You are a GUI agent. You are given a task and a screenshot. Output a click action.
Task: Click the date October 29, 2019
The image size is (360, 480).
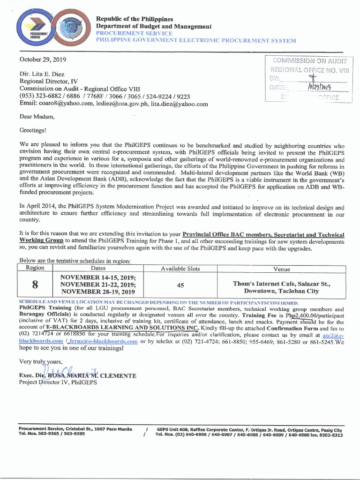(x=43, y=60)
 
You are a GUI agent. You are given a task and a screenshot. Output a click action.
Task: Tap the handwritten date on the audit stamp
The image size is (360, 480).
(x=319, y=87)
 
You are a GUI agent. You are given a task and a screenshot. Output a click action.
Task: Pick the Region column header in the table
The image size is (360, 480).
(x=35, y=268)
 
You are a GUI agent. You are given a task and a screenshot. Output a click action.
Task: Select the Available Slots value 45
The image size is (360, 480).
(x=180, y=285)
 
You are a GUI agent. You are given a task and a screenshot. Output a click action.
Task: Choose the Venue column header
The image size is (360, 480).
(x=282, y=269)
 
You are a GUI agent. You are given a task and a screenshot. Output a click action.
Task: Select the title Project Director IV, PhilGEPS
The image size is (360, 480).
(x=58, y=382)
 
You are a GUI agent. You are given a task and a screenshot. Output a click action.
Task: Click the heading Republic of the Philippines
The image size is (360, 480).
(x=134, y=19)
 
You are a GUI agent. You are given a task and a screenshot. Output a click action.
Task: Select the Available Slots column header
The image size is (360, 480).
(x=180, y=269)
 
